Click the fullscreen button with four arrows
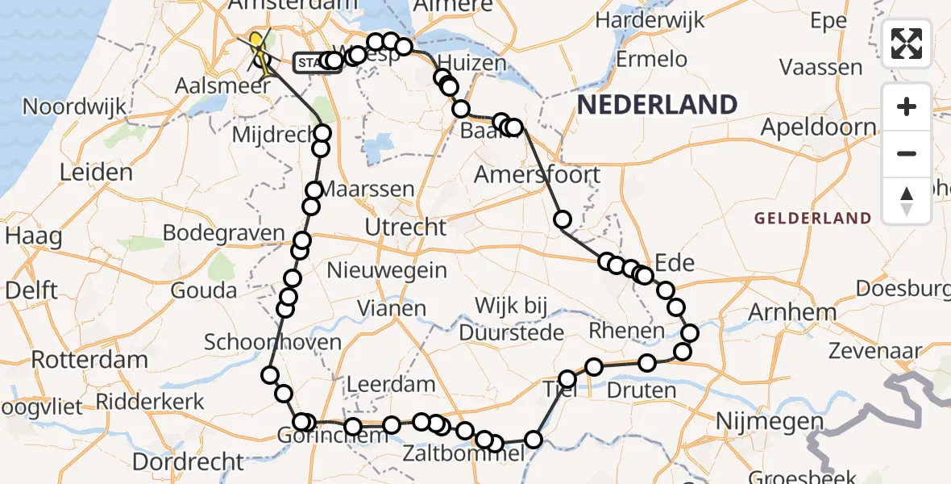click(x=907, y=44)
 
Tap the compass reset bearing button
click(x=907, y=199)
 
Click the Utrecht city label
click(x=405, y=227)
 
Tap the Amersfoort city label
click(x=538, y=174)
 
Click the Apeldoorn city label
click(x=819, y=127)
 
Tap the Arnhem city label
click(x=781, y=312)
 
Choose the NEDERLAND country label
click(x=657, y=105)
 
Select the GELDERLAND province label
click(x=812, y=218)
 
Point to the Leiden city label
click(x=96, y=173)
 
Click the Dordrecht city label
click(x=188, y=462)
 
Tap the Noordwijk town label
click(x=75, y=106)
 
